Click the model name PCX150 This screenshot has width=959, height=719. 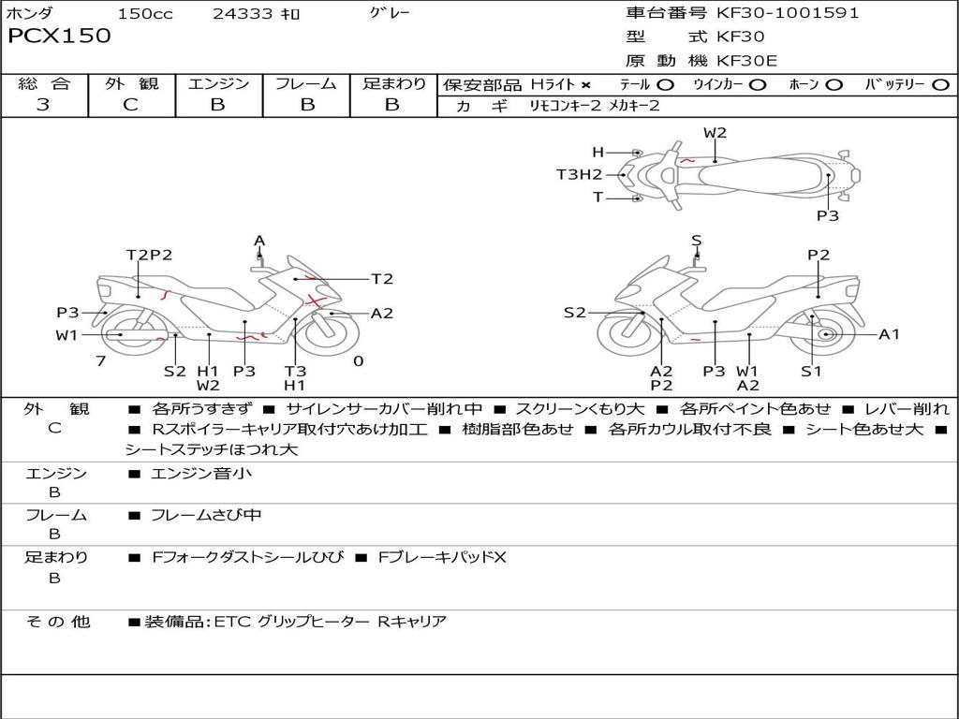pos(59,36)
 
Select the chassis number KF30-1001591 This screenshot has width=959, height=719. pos(788,12)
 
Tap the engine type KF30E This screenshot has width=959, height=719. pos(746,61)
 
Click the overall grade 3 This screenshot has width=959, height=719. pos(43,104)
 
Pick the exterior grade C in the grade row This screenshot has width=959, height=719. pos(130,104)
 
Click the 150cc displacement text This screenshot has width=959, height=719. pos(145,13)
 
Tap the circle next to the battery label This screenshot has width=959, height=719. pos(940,85)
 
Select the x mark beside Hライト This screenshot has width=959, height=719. pos(586,85)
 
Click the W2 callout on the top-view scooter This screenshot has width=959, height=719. pos(715,133)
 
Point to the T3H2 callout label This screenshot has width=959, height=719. pos(579,175)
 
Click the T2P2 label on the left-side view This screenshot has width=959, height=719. pos(149,255)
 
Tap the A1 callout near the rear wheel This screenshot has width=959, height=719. pos(890,334)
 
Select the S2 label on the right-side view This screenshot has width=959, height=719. pos(575,313)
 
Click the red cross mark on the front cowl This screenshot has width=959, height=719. pos(315,301)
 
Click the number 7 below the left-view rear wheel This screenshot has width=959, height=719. pos(101,360)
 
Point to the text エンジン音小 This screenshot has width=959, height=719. pos(201,473)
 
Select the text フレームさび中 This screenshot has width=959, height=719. pos(206,515)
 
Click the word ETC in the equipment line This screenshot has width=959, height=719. pos(233,622)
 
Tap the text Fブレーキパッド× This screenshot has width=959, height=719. pos(442,557)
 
